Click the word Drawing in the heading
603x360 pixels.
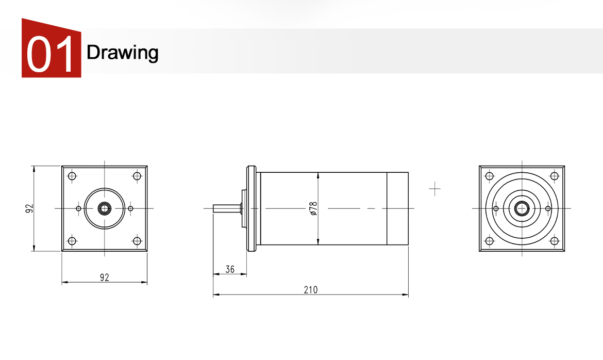(122, 53)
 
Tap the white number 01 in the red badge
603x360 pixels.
(50, 54)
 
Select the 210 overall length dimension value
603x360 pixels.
(311, 289)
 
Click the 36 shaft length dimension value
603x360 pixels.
(230, 269)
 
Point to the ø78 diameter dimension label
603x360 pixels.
(313, 208)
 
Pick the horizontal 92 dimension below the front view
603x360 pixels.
(105, 277)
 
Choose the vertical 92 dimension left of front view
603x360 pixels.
(29, 208)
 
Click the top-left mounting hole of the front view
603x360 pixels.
(72, 176)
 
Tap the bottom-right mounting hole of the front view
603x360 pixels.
(137, 241)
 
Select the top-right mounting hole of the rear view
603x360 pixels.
(554, 176)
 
